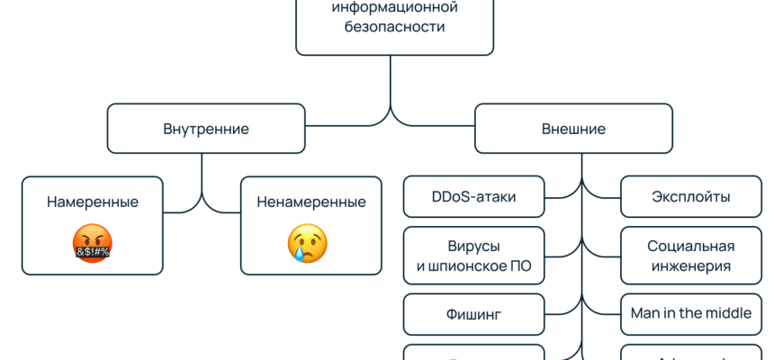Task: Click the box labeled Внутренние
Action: pos(206,129)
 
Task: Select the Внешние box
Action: pos(573,129)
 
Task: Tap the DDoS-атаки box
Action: pos(473,197)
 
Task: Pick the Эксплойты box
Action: pos(690,197)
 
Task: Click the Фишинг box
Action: pos(473,314)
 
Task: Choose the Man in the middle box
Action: pos(690,314)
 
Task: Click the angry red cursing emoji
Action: pos(92,243)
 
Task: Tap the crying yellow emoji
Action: pos(307,243)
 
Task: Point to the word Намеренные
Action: pos(93,202)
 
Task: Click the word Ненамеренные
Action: pos(310,202)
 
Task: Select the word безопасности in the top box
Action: pos(394,27)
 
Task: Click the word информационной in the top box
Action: pos(394,8)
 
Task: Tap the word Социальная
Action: pos(690,246)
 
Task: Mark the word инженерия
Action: pos(690,265)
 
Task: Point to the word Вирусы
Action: pos(473,246)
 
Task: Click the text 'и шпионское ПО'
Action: pos(473,265)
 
